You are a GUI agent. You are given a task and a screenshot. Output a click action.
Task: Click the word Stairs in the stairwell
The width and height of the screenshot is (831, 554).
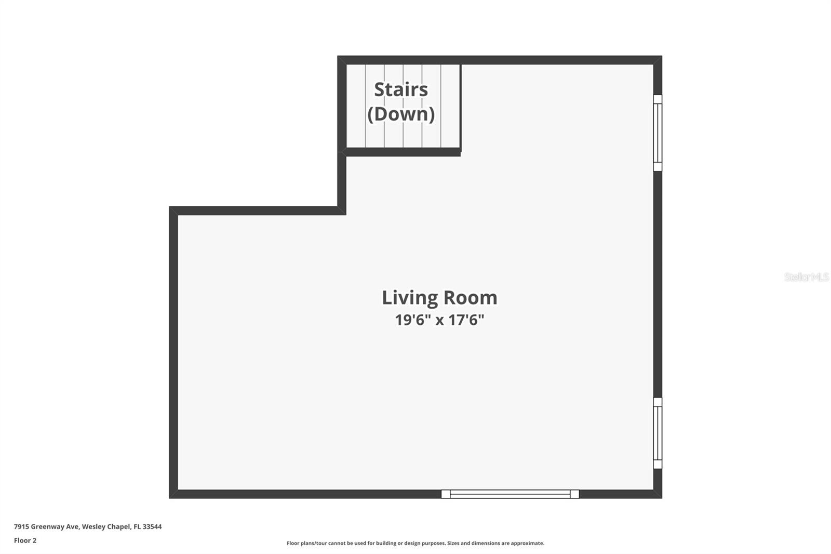click(401, 89)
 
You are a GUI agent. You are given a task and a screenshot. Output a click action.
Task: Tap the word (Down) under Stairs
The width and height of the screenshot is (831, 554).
click(401, 114)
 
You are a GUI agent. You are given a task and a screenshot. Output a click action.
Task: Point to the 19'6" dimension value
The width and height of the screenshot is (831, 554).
click(413, 320)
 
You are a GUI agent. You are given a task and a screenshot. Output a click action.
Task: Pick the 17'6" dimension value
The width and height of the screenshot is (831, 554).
click(466, 320)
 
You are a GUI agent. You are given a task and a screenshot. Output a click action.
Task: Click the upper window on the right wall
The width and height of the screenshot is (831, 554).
click(658, 133)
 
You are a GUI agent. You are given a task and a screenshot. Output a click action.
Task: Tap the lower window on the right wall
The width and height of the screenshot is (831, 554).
click(658, 433)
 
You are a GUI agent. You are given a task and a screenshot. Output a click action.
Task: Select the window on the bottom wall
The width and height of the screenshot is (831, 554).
click(510, 494)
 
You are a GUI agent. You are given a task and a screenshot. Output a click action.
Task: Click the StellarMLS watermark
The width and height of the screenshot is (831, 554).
click(806, 277)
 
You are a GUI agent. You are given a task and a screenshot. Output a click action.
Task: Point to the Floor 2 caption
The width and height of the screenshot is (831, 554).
click(25, 540)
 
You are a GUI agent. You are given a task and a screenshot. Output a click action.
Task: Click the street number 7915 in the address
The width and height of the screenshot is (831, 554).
click(21, 526)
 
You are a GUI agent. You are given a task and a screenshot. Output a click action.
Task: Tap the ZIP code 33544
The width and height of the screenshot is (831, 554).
click(152, 526)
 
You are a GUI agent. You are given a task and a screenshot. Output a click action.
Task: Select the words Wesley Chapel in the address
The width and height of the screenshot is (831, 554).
click(106, 526)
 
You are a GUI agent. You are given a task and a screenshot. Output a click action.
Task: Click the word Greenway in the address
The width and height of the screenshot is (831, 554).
click(48, 526)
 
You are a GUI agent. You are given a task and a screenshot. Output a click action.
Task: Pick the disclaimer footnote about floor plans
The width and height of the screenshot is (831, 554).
click(415, 543)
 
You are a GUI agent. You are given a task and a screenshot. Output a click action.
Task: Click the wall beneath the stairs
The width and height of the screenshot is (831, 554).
click(403, 152)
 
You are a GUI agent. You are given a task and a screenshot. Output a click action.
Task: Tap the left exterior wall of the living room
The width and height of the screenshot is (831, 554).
click(173, 353)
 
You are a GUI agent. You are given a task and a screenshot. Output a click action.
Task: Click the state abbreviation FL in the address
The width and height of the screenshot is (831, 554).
click(137, 526)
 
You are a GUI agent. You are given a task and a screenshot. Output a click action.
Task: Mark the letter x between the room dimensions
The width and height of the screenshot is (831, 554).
click(439, 320)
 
